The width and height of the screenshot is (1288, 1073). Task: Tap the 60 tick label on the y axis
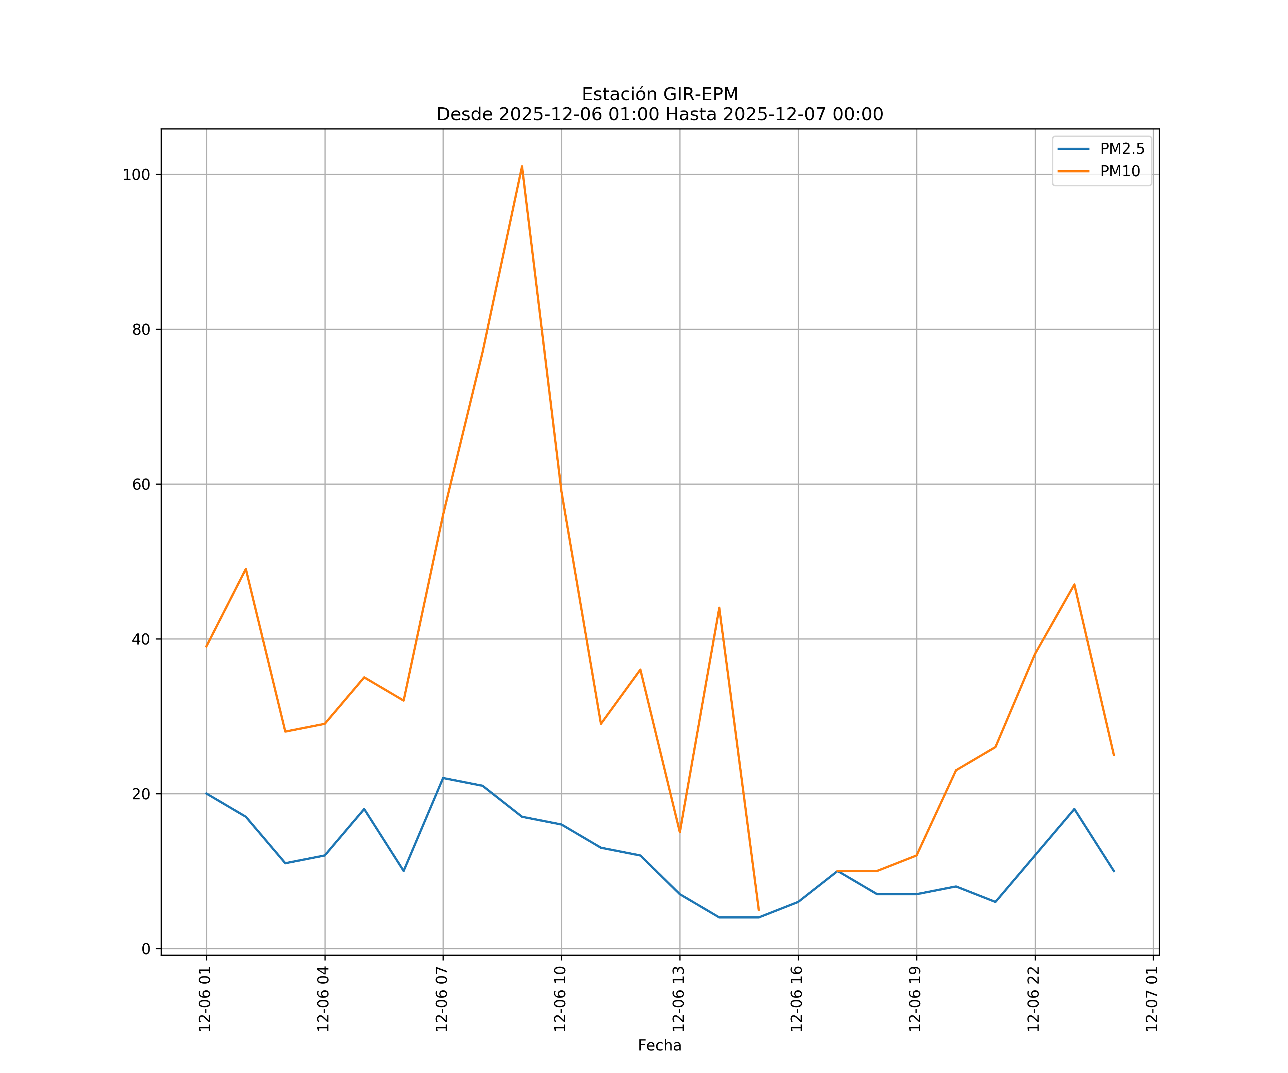pos(141,484)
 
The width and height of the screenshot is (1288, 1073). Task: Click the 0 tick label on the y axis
pos(146,949)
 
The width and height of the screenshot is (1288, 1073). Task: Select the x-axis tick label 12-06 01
pos(205,999)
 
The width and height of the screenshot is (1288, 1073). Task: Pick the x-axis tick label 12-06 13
pos(678,999)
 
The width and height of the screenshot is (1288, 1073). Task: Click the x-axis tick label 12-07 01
pos(1152,999)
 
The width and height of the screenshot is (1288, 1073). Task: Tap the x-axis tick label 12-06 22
pos(1034,999)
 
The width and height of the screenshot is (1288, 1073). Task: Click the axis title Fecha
pos(659,1045)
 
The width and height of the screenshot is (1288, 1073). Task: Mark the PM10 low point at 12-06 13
pos(679,832)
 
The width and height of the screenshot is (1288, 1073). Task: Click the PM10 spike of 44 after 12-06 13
pos(719,608)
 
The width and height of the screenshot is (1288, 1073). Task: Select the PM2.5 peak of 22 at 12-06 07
pos(443,778)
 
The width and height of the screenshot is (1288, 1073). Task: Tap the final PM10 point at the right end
pos(1114,755)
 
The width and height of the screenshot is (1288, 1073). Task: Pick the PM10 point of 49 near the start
pos(245,569)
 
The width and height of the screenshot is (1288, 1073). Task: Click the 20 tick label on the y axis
pos(141,794)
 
